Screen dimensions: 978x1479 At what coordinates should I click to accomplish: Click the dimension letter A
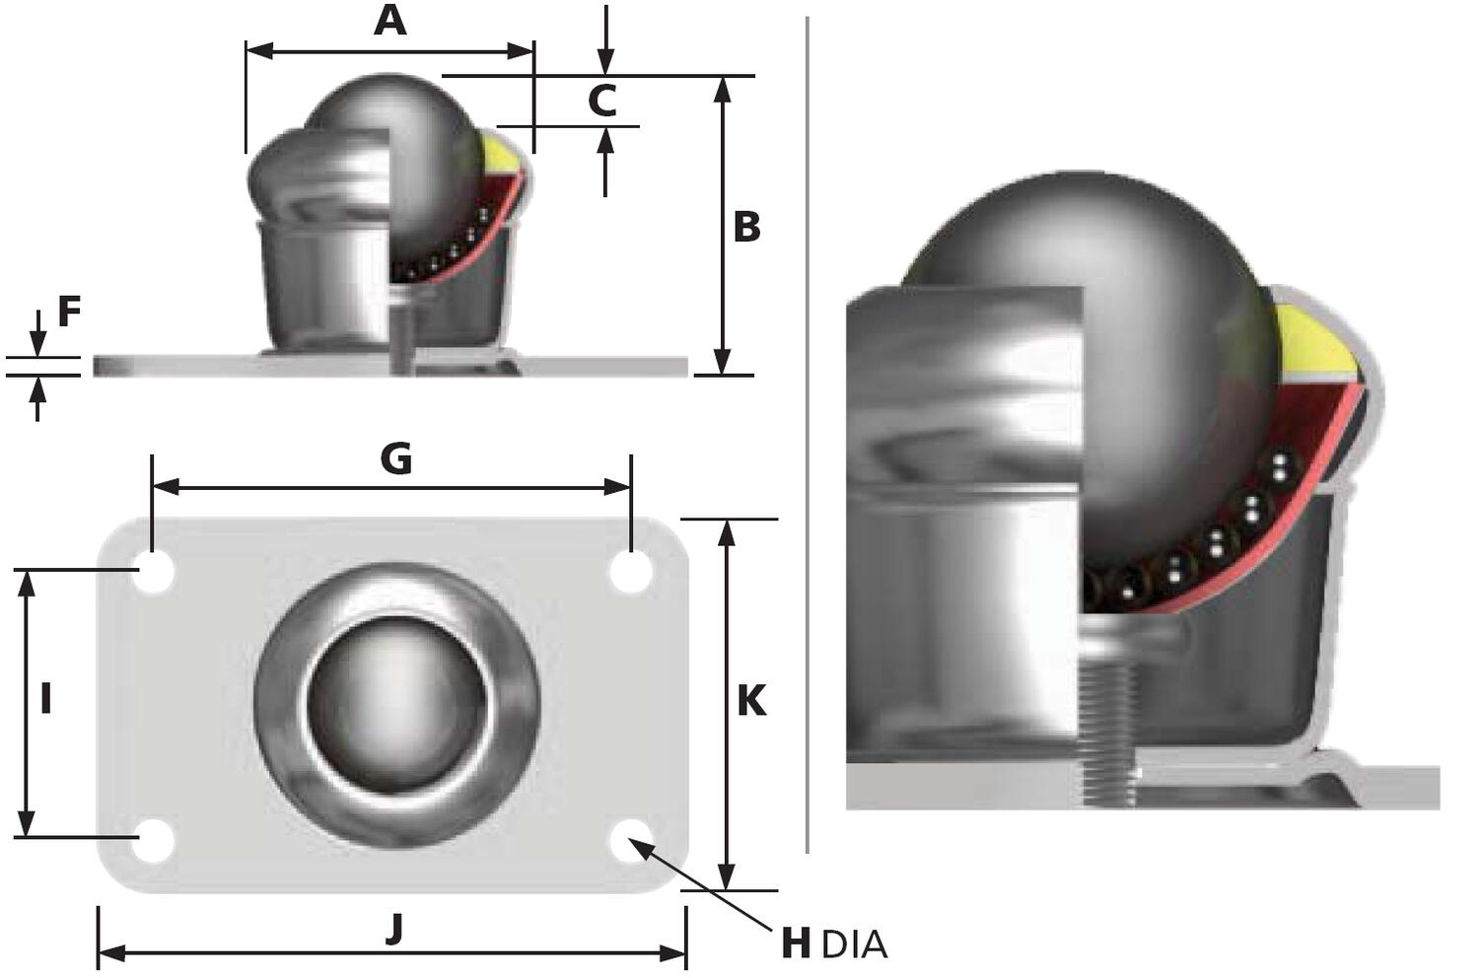pyautogui.click(x=390, y=20)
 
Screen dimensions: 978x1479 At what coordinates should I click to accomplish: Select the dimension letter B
pyautogui.click(x=746, y=227)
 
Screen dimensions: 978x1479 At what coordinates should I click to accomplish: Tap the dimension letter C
pyautogui.click(x=601, y=101)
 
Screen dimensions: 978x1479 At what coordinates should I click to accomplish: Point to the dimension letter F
pyautogui.click(x=68, y=312)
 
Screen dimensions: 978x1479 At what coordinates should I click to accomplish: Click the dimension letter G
pyautogui.click(x=395, y=459)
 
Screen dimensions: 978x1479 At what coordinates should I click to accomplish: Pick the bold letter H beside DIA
pyautogui.click(x=796, y=943)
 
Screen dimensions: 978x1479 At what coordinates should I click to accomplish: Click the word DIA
pyautogui.click(x=854, y=945)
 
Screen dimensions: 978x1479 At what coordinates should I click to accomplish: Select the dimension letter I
pyautogui.click(x=45, y=699)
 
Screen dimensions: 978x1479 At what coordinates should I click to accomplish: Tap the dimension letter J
pyautogui.click(x=394, y=928)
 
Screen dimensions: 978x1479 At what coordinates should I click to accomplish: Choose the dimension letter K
pyautogui.click(x=751, y=701)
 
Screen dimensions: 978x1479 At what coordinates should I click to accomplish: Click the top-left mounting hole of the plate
pyautogui.click(x=153, y=572)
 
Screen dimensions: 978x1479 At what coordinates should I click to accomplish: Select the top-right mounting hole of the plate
pyautogui.click(x=630, y=572)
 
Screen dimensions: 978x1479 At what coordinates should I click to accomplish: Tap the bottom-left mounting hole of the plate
pyautogui.click(x=153, y=841)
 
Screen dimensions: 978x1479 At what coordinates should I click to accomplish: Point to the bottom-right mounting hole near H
pyautogui.click(x=630, y=840)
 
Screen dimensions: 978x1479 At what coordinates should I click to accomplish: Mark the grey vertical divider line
pyautogui.click(x=808, y=434)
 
